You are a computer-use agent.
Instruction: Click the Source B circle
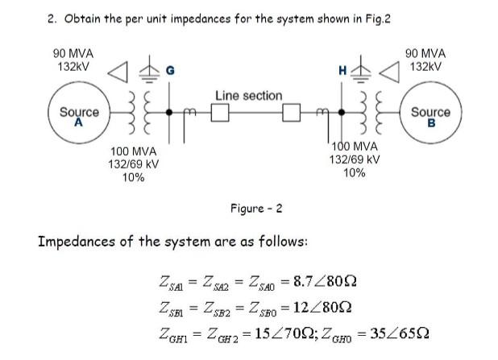coord(430,118)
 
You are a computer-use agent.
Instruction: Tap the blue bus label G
coord(169,71)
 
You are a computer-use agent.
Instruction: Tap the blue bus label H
coord(342,72)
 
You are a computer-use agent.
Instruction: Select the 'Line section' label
coord(248,96)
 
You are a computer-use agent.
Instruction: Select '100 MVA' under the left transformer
coord(133,151)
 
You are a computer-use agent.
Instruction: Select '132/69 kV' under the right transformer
coord(355,159)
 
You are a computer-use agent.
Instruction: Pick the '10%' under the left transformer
coord(133,177)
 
